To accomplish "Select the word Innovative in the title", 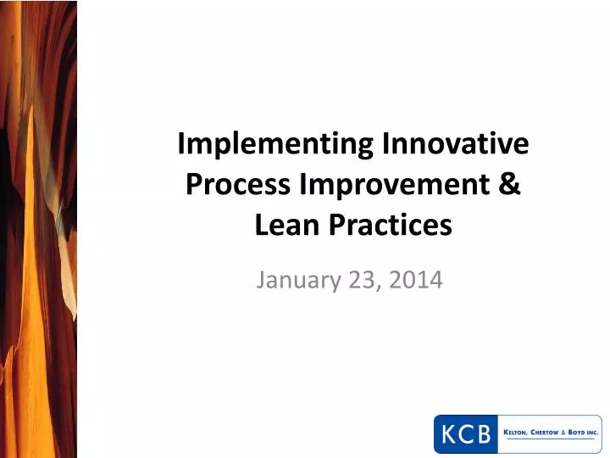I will [456, 145].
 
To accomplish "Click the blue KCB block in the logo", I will [465, 435].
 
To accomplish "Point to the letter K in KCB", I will [447, 435].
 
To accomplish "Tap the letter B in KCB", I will [484, 435].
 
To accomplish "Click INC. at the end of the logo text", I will [595, 433].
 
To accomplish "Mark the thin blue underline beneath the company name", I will [550, 439].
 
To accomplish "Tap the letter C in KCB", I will [465, 435].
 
